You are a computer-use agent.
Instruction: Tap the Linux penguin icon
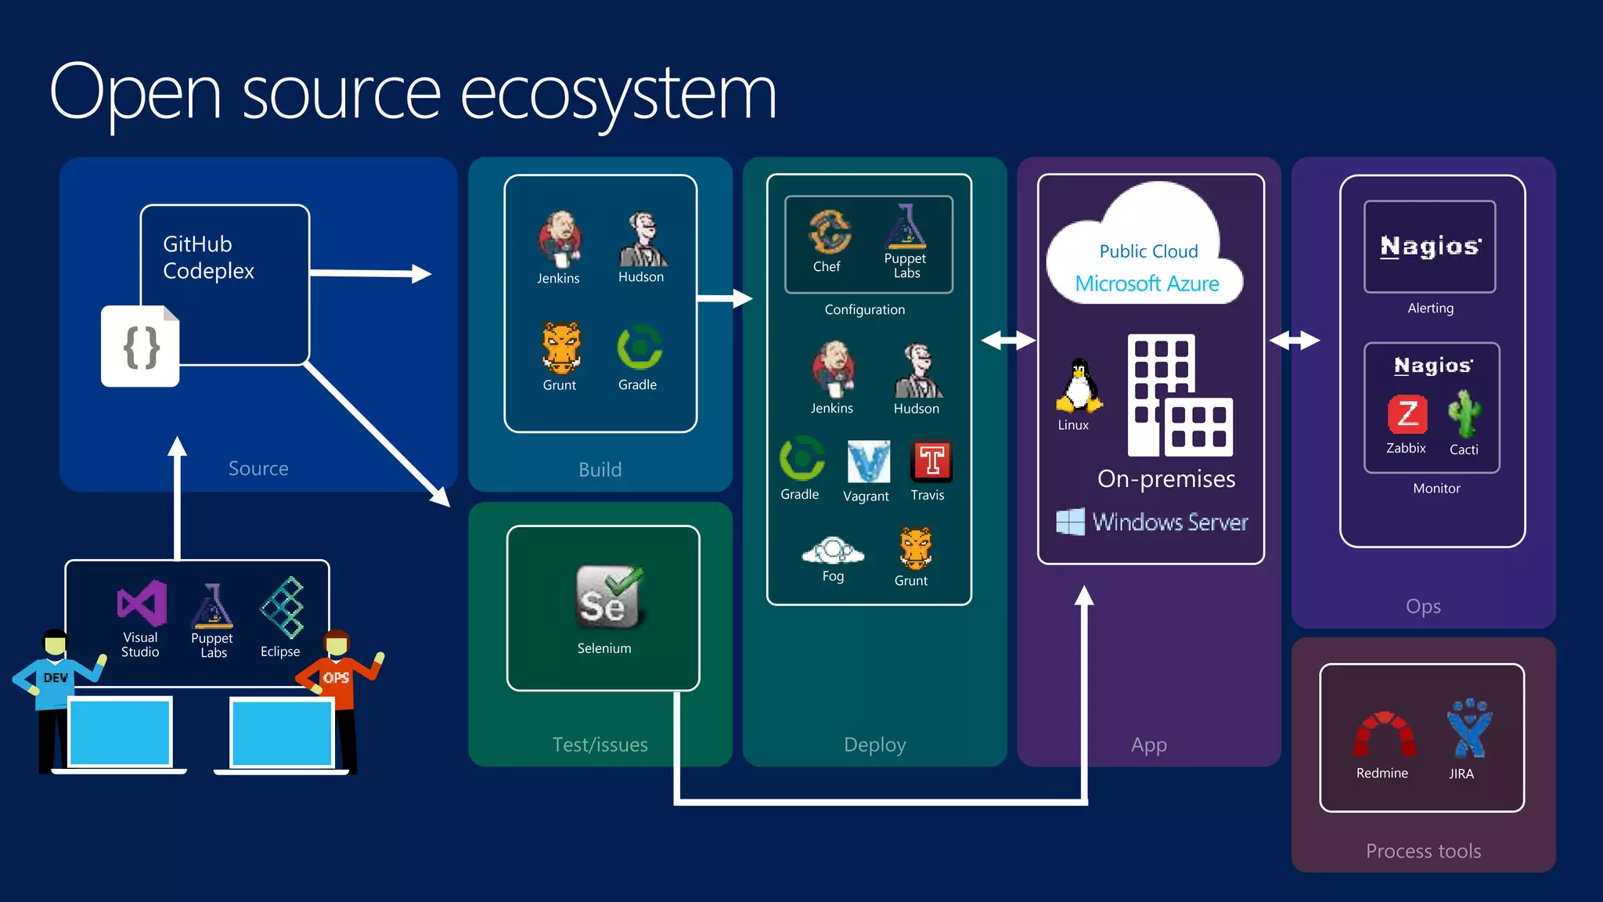pyautogui.click(x=1079, y=386)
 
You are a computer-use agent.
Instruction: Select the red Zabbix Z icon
pyautogui.click(x=1407, y=414)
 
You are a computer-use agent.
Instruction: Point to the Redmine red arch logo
pyautogui.click(x=1384, y=734)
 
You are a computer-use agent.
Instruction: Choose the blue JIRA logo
pyautogui.click(x=1468, y=729)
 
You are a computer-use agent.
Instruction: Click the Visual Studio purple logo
pyautogui.click(x=142, y=603)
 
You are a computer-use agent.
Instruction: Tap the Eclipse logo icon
pyautogui.click(x=282, y=607)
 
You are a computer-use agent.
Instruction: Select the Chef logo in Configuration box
pyautogui.click(x=829, y=232)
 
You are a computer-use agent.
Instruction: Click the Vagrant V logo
pyautogui.click(x=868, y=462)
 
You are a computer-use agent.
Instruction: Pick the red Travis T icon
pyautogui.click(x=931, y=460)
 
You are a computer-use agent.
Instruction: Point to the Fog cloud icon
pyautogui.click(x=833, y=550)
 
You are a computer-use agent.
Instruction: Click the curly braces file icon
pyautogui.click(x=141, y=347)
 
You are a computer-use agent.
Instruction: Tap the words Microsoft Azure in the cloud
pyautogui.click(x=1147, y=283)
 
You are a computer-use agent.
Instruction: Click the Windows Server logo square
pyautogui.click(x=1070, y=521)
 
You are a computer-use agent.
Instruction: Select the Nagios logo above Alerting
pyautogui.click(x=1430, y=247)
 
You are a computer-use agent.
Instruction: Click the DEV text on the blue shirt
pyautogui.click(x=56, y=677)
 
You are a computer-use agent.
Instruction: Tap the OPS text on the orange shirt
pyautogui.click(x=336, y=677)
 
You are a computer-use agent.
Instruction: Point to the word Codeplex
pyautogui.click(x=208, y=271)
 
